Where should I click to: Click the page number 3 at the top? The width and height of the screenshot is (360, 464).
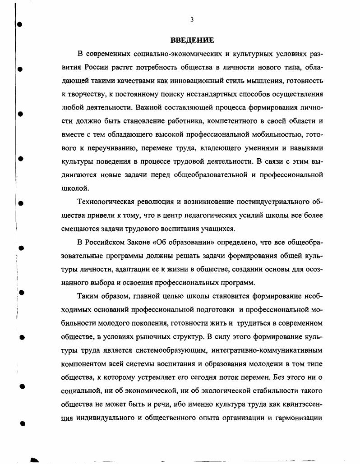click(x=192, y=20)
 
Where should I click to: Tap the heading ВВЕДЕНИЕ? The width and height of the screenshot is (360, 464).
click(x=192, y=40)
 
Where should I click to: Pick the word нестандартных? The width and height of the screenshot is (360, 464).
click(x=211, y=95)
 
